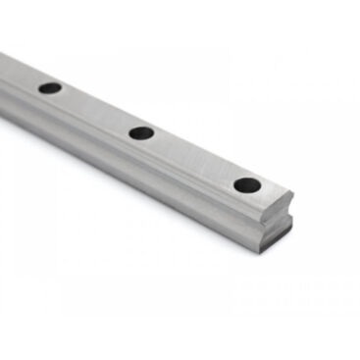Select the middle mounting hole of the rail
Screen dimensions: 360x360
141,132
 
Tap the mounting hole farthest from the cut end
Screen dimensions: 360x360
50,88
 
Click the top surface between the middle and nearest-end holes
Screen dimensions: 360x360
193,158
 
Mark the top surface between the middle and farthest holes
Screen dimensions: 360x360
95,110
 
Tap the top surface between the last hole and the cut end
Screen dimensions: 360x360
272,192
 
